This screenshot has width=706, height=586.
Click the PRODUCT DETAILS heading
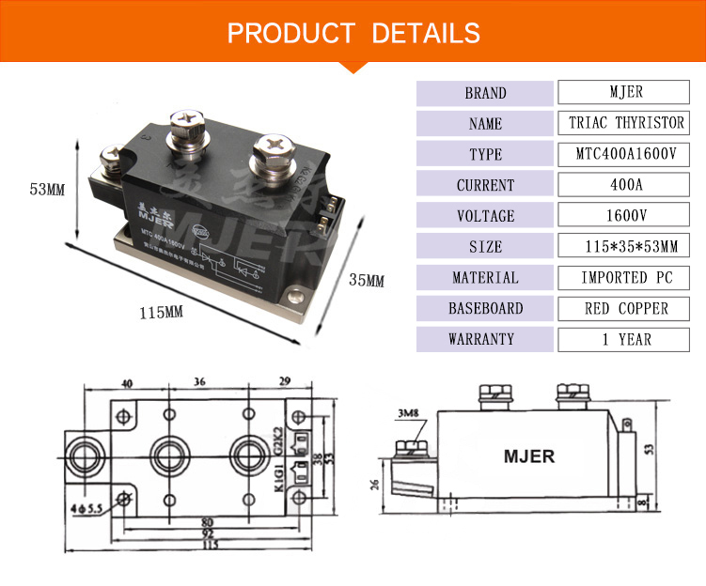tap(353, 33)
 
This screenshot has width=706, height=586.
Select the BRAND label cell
tap(484, 93)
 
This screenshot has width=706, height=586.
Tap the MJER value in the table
tap(626, 93)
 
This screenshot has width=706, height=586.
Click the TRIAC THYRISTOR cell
tap(626, 123)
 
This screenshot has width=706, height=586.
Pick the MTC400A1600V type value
tap(626, 154)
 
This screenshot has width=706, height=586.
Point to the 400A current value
tap(626, 185)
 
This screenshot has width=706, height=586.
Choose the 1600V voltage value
tap(626, 216)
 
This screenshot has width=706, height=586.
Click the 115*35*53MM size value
tap(626, 247)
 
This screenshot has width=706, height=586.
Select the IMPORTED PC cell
tap(626, 278)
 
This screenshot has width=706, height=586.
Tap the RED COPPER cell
tap(626, 308)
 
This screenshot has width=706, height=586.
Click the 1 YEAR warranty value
tap(626, 339)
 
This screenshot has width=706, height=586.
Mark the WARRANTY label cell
tap(484, 339)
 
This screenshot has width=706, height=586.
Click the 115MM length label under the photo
tap(162, 312)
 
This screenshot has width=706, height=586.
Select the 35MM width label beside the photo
tap(367, 280)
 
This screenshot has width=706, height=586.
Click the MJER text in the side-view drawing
tap(528, 457)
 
